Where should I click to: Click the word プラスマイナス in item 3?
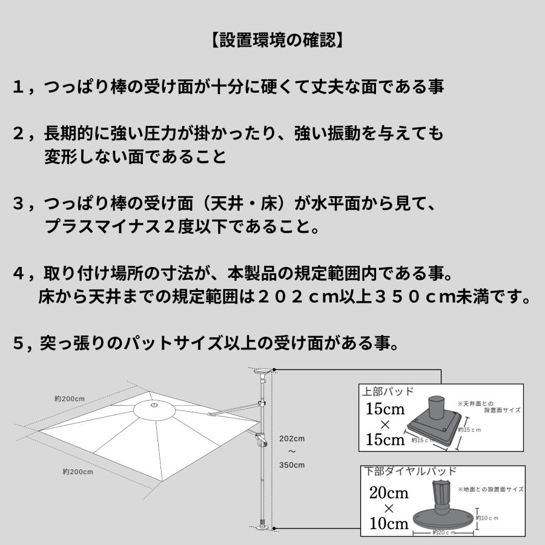point(97,228)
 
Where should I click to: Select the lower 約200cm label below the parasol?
point(78,472)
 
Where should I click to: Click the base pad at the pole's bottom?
point(262,528)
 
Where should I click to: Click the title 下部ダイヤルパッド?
point(410,471)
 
